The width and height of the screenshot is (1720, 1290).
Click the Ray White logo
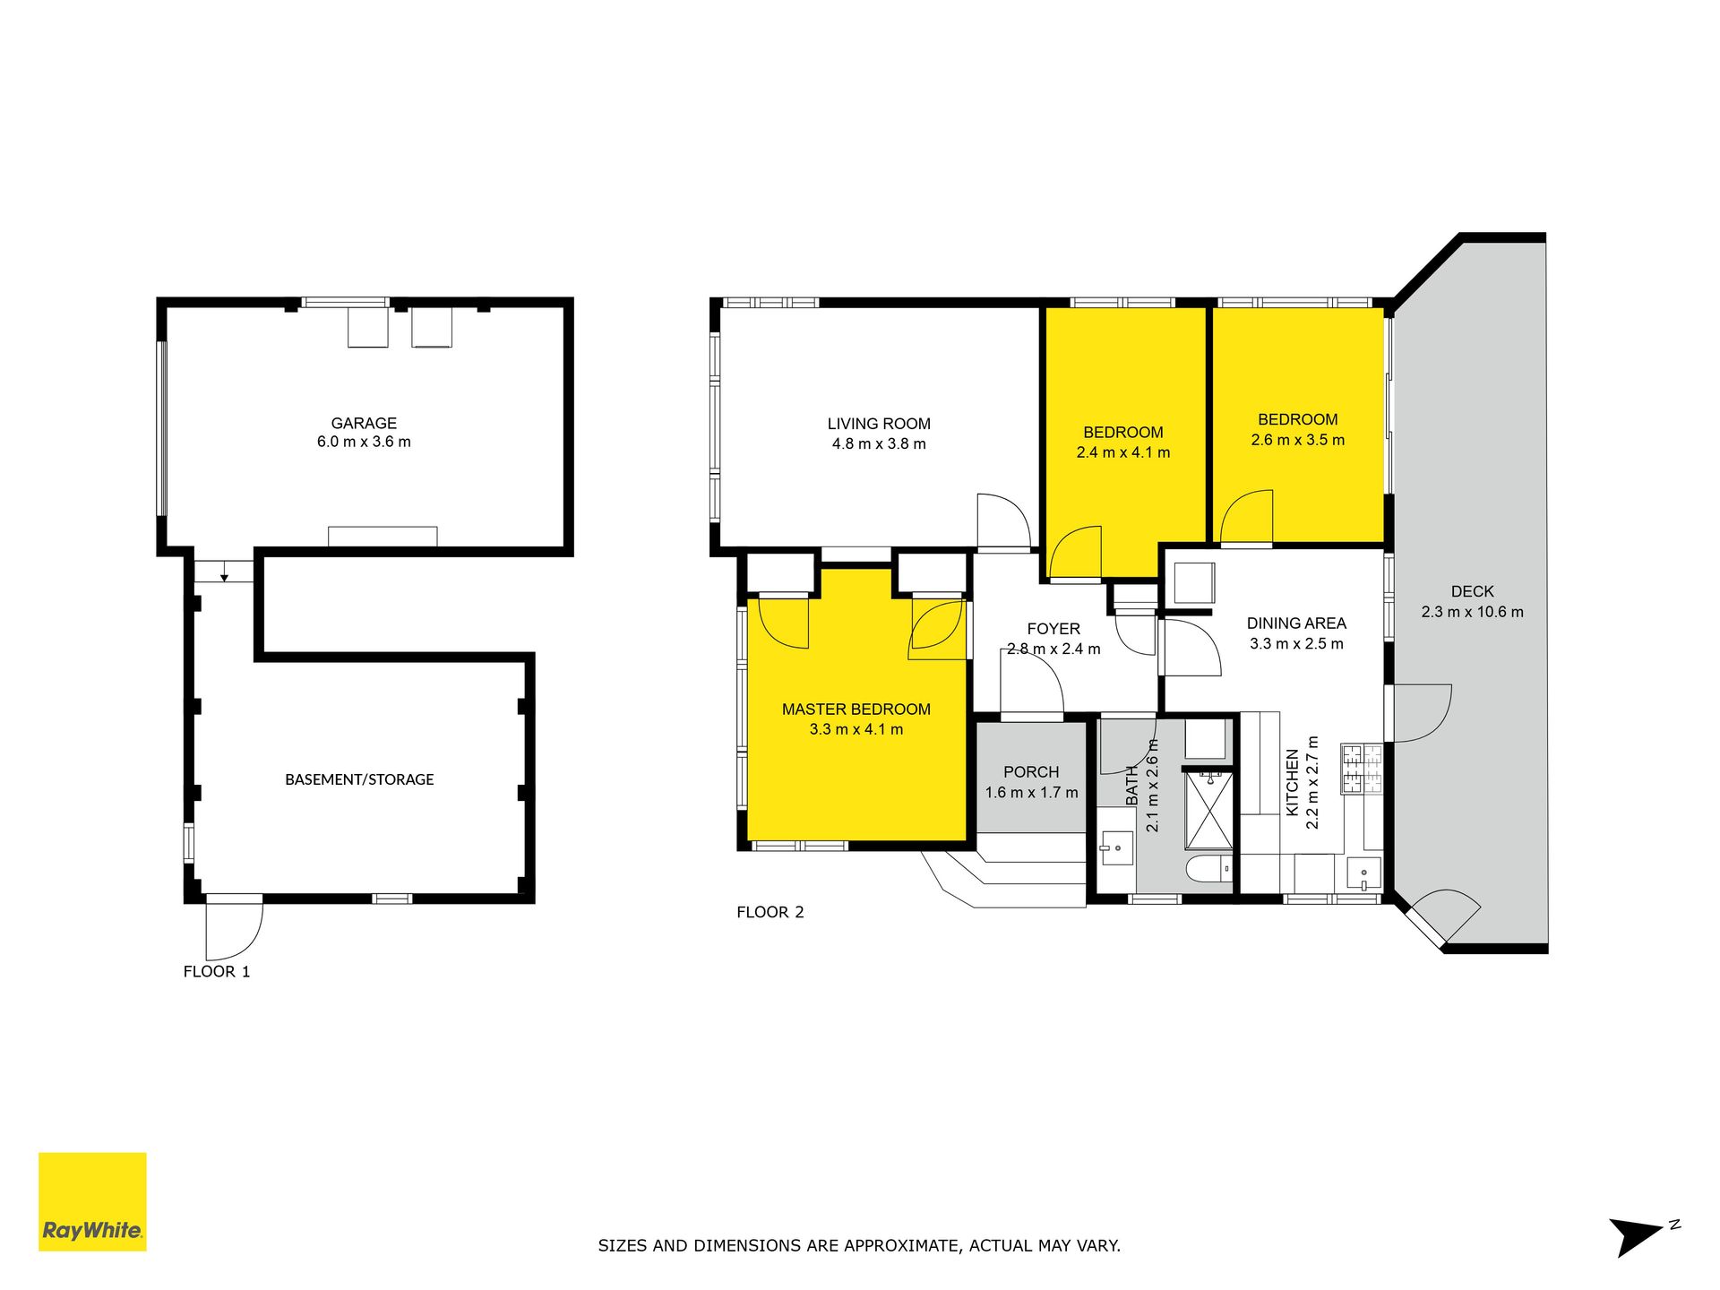(x=92, y=1201)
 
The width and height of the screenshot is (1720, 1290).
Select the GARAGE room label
(x=364, y=423)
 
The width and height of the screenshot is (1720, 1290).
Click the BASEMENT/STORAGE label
(x=359, y=779)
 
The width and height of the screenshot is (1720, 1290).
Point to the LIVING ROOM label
(x=879, y=424)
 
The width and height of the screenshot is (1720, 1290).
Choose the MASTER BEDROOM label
(x=856, y=709)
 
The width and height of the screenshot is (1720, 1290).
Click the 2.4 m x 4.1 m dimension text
(x=1123, y=452)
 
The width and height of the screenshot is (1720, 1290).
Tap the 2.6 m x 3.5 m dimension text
(x=1298, y=440)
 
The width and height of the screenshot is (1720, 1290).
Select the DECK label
(x=1473, y=591)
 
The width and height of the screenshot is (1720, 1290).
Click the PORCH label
(x=1031, y=772)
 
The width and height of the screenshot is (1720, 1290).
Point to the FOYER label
(x=1053, y=629)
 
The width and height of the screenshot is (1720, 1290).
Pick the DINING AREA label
(x=1296, y=623)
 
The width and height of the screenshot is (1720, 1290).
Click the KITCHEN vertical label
(x=1293, y=782)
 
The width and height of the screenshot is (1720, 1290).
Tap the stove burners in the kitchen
(x=1363, y=769)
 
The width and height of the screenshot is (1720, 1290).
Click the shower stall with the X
(x=1208, y=810)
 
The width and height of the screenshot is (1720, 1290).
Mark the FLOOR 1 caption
(x=217, y=972)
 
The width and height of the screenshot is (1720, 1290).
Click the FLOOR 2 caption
(x=770, y=912)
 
